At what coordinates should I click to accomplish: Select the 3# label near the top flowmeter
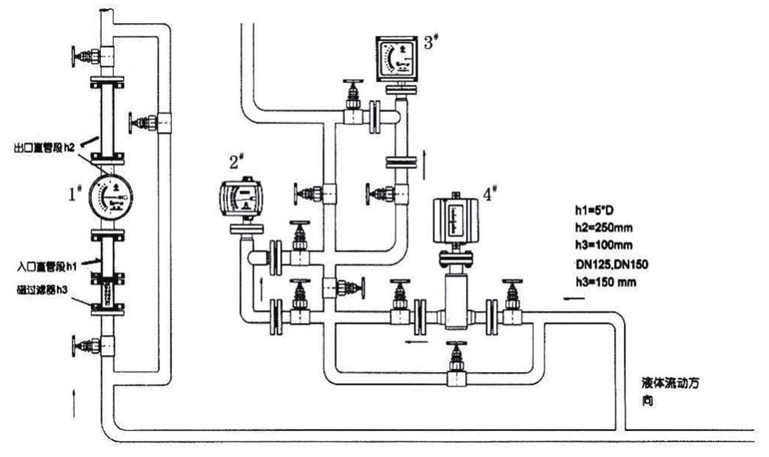432,41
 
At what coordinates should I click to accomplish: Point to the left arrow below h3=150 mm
573,300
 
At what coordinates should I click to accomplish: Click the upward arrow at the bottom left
76,404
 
